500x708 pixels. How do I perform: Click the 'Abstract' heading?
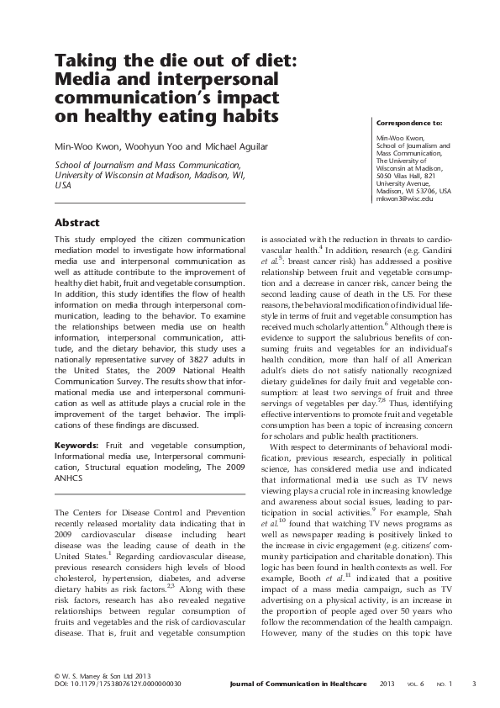(x=76, y=223)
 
